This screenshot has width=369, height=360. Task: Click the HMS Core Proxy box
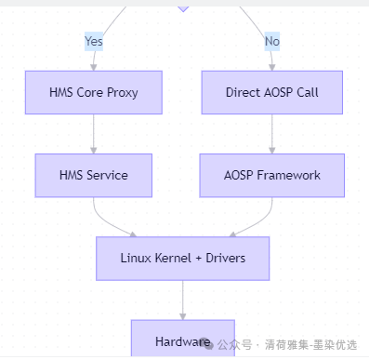pos(93,93)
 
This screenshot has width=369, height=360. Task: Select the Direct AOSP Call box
pos(272,93)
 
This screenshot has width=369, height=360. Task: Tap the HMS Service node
pos(93,175)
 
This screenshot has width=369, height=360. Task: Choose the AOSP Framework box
pos(272,175)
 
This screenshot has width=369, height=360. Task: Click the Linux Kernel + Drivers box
pos(183,258)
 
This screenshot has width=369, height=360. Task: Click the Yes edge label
pos(94,41)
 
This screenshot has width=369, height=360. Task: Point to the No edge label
pos(272,41)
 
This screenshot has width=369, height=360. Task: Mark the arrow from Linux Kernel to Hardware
pos(183,300)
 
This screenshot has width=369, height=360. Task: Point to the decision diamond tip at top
pos(183,7)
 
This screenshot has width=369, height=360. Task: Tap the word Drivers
pos(222,258)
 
